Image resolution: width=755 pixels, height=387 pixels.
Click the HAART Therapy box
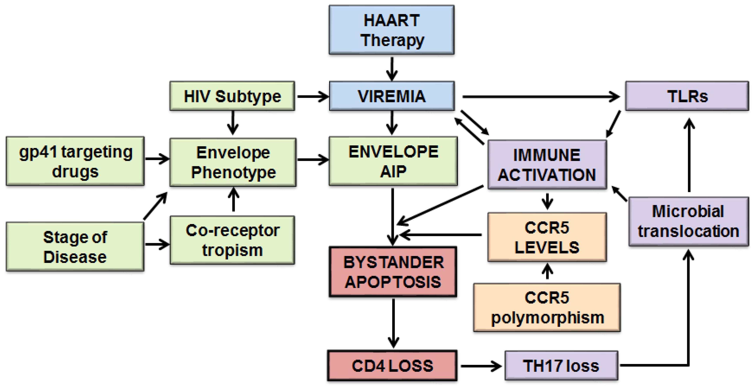392,30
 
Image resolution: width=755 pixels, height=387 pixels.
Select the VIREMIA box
392,96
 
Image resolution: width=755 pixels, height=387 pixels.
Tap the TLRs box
687,96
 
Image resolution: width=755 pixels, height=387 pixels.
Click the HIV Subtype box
232,96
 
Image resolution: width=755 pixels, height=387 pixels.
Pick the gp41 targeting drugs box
75,161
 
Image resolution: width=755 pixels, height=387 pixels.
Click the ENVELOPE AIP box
393,161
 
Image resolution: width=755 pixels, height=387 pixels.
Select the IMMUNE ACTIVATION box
547,164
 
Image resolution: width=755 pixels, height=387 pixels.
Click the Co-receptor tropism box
232,240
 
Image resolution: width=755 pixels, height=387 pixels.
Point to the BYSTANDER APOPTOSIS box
393,272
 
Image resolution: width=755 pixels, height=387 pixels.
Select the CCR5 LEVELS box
547,237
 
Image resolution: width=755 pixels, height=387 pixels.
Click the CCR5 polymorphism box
547,307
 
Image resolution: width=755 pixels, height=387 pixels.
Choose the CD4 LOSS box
392,366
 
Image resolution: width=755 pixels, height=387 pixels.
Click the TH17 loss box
561,366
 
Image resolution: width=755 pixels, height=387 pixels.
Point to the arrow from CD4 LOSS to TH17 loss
481,366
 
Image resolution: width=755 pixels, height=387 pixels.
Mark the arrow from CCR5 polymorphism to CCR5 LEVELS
547,272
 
